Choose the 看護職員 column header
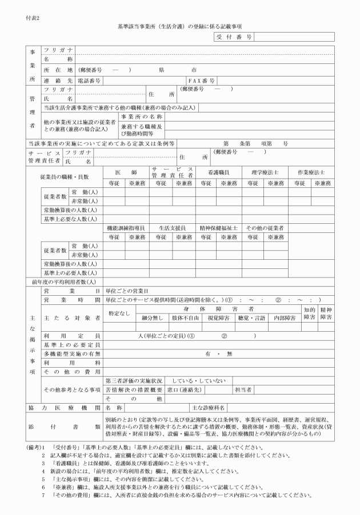(x=219, y=172)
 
